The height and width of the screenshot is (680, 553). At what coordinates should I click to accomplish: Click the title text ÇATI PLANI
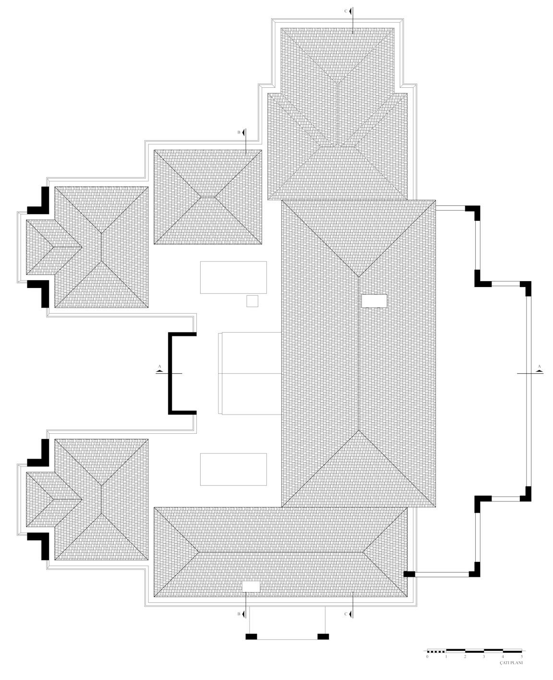click(511, 662)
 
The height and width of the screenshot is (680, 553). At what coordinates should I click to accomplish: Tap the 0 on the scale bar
click(427, 656)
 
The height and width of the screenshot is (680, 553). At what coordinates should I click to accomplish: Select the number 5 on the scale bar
click(522, 656)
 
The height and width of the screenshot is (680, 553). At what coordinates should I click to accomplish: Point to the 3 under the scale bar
click(484, 656)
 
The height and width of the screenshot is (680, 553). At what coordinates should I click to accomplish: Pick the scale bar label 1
click(446, 656)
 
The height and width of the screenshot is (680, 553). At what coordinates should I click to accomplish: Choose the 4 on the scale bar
click(503, 656)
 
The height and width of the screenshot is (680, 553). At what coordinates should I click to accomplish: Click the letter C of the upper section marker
click(346, 11)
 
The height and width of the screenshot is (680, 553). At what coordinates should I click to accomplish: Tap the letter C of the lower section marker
click(346, 614)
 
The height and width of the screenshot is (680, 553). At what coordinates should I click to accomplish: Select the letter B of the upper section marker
click(239, 132)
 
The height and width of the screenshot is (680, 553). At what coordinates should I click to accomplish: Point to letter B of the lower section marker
click(239, 614)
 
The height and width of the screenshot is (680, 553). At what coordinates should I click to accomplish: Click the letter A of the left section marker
click(160, 366)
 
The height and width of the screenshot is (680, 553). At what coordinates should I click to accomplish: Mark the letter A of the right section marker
click(539, 366)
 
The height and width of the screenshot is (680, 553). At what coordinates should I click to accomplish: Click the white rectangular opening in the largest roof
click(374, 301)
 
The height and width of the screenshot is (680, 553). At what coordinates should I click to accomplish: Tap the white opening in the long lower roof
click(251, 587)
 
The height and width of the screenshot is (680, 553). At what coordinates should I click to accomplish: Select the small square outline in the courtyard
click(252, 301)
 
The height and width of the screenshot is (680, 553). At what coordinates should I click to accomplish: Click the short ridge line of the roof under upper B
click(208, 197)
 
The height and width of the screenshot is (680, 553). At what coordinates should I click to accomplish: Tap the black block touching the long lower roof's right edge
click(409, 574)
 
